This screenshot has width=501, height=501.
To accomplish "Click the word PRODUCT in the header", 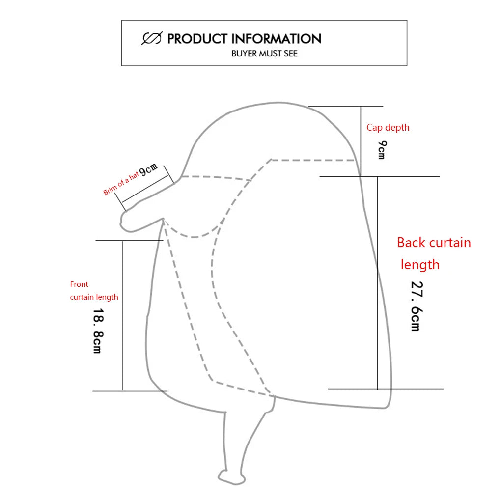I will tap(197, 39).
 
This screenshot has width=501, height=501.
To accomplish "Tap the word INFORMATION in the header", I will tap(276, 39).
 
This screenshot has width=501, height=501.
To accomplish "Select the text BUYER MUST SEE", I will tap(264, 53).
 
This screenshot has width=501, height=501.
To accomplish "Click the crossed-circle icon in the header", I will tap(152, 38).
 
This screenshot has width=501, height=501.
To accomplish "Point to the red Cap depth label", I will tap(388, 128).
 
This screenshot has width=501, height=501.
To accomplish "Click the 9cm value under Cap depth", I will tap(382, 150).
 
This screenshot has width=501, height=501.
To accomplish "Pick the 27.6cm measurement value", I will tap(416, 306).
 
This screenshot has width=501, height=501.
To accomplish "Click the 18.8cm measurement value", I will tap(97, 331).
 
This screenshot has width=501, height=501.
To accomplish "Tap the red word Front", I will tap(79, 284).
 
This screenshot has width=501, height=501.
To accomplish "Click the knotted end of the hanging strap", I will tap(227, 476).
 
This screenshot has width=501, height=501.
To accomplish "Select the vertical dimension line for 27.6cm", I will tap(378, 282).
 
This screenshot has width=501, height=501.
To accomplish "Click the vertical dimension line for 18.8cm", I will tap(122, 315).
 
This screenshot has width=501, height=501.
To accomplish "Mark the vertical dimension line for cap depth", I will tap(361, 141).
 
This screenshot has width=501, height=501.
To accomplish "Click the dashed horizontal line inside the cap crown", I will tap(312, 160).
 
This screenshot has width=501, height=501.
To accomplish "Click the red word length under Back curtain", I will tap(420, 265).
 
